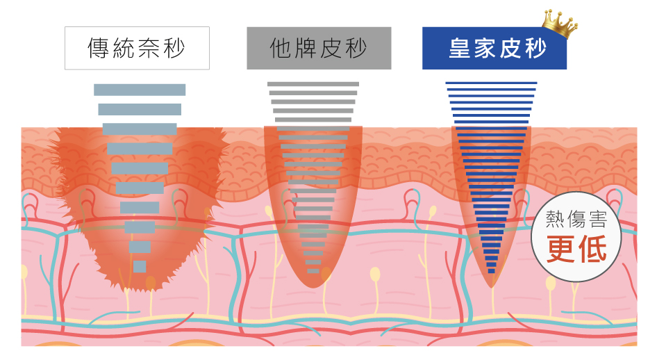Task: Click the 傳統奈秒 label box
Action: click(137, 48)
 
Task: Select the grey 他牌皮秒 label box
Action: click(319, 48)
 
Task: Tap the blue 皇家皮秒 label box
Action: click(494, 48)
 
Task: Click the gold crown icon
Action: click(560, 24)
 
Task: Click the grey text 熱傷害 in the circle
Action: click(576, 220)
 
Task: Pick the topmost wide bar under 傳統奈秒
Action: click(140, 90)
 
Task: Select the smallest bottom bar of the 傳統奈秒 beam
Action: click(140, 266)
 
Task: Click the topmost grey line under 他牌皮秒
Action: click(313, 84)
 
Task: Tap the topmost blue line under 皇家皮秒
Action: click(491, 83)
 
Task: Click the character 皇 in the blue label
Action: click(459, 49)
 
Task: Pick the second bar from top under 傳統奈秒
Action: click(140, 109)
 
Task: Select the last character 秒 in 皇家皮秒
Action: click(534, 49)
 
